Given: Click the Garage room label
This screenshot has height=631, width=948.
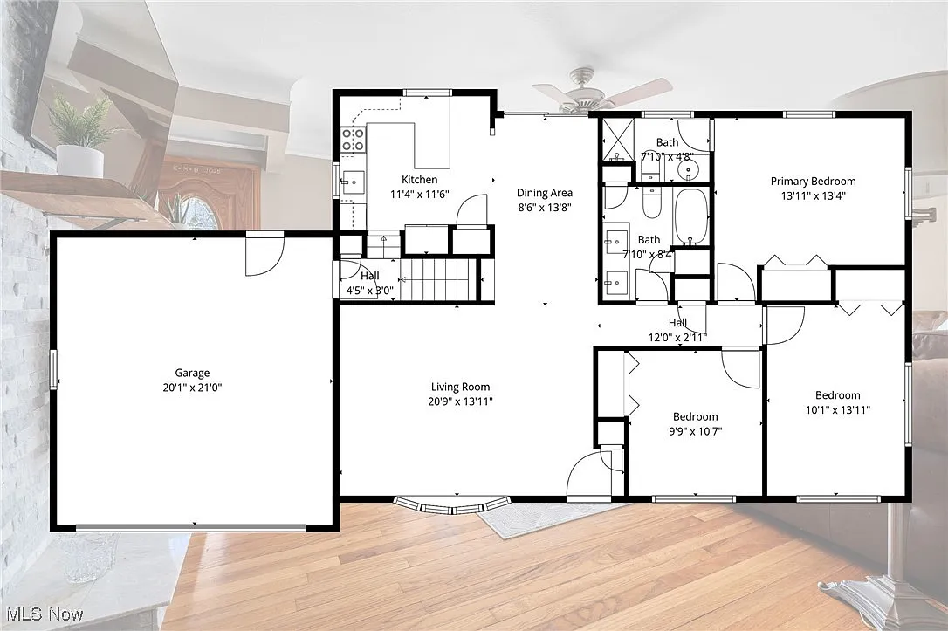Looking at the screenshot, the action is click(192, 373).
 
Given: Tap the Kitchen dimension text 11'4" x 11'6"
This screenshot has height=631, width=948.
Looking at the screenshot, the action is click(420, 194).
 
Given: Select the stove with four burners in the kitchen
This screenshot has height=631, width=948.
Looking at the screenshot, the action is click(353, 140).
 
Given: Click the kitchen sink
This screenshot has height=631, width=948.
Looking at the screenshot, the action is click(353, 182).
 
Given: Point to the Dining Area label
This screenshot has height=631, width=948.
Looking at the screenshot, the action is click(544, 193).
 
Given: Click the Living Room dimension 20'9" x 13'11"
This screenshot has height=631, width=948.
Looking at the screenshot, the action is click(461, 401).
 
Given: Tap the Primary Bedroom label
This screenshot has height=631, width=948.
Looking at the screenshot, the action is click(814, 181).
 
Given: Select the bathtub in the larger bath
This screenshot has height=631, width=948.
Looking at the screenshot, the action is click(691, 216).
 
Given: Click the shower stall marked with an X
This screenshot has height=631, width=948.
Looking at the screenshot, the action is click(617, 141).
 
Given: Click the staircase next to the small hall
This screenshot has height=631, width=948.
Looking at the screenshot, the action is click(439, 279).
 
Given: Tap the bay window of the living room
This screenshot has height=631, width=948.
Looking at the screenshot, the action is click(452, 504).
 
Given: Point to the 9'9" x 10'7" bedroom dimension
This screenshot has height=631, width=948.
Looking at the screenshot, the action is click(695, 431).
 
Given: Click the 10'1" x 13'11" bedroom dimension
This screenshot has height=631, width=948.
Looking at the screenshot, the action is click(837, 410).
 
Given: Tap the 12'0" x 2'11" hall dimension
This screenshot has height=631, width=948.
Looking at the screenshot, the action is click(677, 337).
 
